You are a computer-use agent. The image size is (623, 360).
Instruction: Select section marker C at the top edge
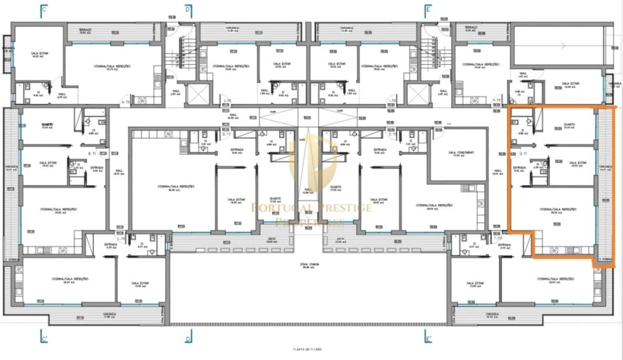click(43, 9)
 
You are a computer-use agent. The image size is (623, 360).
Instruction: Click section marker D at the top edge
click(188, 9)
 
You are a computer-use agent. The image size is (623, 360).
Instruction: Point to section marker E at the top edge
click(427, 9)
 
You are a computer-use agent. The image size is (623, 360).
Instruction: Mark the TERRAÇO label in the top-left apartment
click(85, 31)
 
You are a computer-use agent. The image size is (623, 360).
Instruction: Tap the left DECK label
click(271, 240)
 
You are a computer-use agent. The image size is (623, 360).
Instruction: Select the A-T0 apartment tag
click(126, 102)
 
